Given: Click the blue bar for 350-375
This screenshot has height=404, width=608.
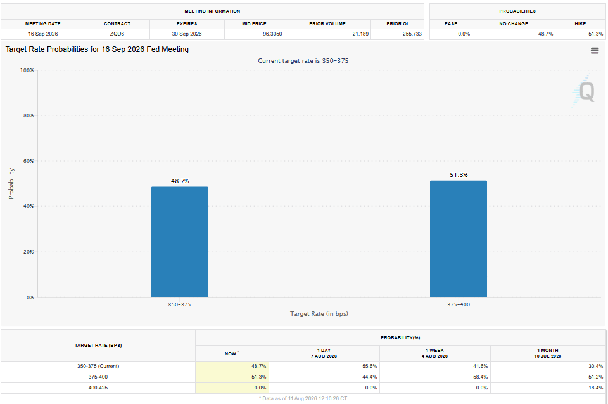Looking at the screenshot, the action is click(179, 242).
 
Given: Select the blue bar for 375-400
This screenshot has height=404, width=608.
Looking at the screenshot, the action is click(459, 239).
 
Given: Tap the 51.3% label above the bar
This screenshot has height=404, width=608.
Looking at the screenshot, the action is click(459, 175).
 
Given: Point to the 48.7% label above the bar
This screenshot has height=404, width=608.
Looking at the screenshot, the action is click(180, 181).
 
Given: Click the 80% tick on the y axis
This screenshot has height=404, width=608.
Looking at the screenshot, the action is click(28, 115).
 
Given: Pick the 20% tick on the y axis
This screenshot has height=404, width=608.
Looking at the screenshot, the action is click(28, 252).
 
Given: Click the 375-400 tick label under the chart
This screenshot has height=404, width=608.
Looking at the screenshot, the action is click(459, 304).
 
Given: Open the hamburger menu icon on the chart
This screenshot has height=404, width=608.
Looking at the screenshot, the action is click(595, 51).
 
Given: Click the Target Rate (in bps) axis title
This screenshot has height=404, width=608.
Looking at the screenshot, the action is click(319, 313).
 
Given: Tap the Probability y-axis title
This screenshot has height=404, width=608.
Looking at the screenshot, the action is click(11, 183).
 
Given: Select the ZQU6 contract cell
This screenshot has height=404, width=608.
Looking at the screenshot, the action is click(117, 34).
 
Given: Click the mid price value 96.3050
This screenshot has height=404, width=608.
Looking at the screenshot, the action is click(272, 34).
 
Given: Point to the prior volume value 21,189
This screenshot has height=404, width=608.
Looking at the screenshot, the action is click(360, 34).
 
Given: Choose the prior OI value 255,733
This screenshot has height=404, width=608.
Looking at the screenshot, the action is click(412, 34).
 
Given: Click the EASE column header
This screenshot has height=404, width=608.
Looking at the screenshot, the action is click(451, 23).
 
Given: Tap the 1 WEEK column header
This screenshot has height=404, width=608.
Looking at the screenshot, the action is click(434, 350).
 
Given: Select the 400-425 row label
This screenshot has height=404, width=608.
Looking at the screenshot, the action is click(98, 388).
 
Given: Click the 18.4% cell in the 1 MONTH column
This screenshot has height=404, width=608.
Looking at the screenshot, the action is click(595, 388).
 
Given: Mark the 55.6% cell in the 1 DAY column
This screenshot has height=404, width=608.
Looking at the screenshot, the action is click(369, 366).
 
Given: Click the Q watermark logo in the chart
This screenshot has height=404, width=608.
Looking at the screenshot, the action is click(583, 92).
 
